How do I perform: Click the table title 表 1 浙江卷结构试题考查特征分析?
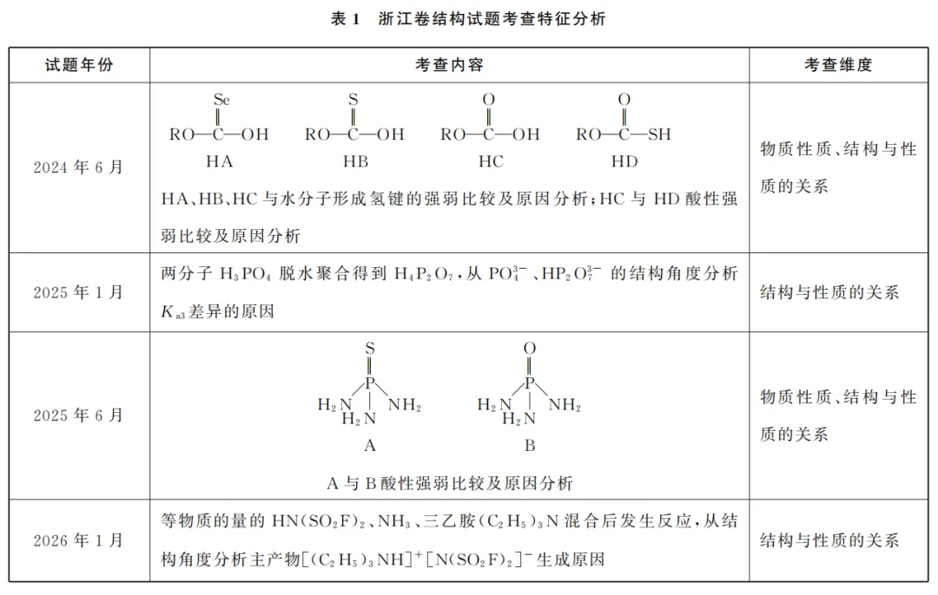click(468, 19)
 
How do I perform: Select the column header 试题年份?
click(79, 65)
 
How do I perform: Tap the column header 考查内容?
click(449, 65)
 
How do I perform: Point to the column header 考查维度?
click(838, 65)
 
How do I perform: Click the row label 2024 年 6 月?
click(78, 167)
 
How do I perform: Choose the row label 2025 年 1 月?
click(78, 292)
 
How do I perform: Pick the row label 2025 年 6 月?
click(78, 415)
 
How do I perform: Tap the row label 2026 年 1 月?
click(78, 540)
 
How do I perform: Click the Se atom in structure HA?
click(221, 100)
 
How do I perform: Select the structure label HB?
click(355, 162)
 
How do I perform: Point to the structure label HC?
click(491, 162)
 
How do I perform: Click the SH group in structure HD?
click(659, 134)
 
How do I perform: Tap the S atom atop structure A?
click(370, 349)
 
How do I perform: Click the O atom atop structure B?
click(530, 349)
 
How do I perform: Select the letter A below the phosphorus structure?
click(370, 446)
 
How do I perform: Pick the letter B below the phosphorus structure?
click(530, 446)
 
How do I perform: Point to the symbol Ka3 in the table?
click(173, 312)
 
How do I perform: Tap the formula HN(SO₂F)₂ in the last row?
click(318, 521)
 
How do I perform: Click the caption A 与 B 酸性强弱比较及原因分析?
click(450, 483)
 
